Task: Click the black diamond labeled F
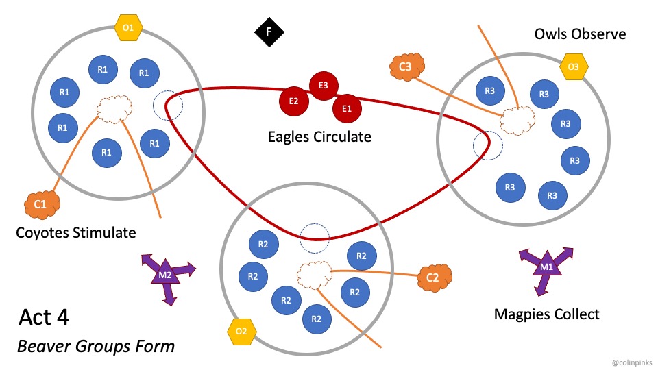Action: [269, 32]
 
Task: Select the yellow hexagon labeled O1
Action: [128, 28]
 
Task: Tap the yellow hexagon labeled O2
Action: [241, 332]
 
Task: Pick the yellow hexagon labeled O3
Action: [574, 67]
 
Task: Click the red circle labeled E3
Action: [324, 85]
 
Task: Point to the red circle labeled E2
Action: [293, 101]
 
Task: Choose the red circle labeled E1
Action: [347, 108]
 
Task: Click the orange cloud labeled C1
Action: [40, 203]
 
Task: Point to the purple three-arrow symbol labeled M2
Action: [166, 275]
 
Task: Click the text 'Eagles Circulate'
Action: [319, 137]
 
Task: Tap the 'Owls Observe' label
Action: [580, 34]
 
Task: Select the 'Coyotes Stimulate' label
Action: [75, 233]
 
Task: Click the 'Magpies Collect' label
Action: [546, 314]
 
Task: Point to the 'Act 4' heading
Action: [44, 317]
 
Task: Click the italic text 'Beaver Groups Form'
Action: [96, 346]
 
